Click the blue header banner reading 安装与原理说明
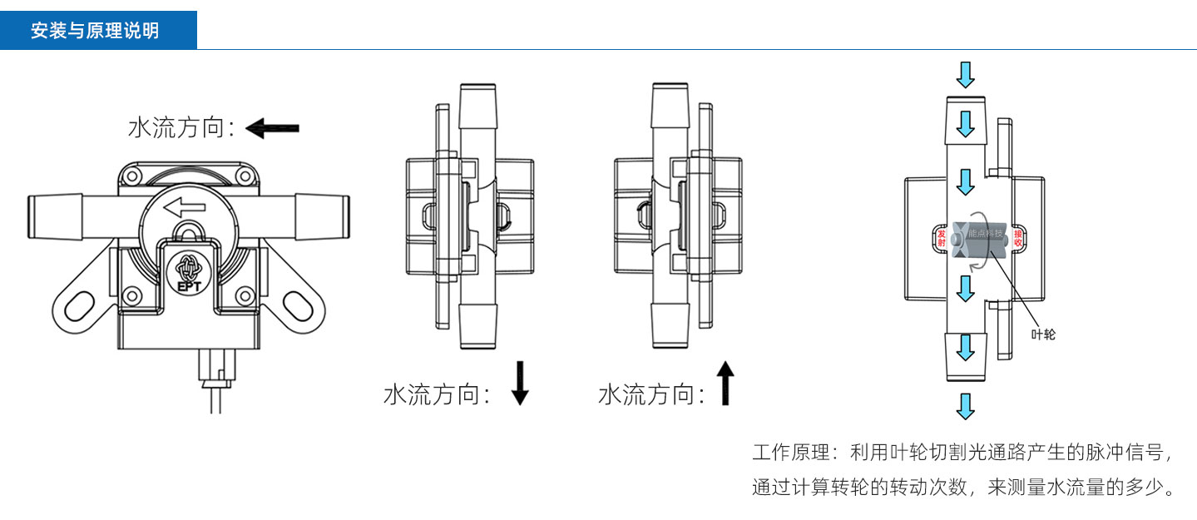98,31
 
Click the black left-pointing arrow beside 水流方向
273,128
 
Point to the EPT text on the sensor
186,287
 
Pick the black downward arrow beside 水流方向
520,383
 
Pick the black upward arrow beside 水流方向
725,383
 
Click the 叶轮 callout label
1043,334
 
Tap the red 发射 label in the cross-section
942,239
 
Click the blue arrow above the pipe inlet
965,74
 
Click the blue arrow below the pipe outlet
965,406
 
